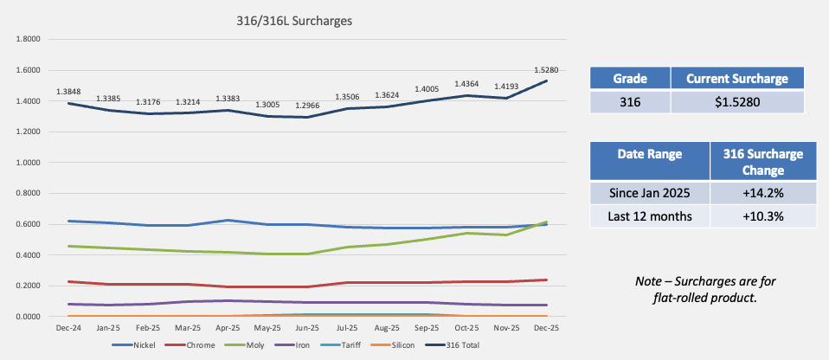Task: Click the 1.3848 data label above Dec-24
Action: click(69, 92)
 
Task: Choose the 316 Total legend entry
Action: click(456, 344)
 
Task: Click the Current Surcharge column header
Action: click(736, 79)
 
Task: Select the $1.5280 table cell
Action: click(736, 102)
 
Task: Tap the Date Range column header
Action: click(649, 155)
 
